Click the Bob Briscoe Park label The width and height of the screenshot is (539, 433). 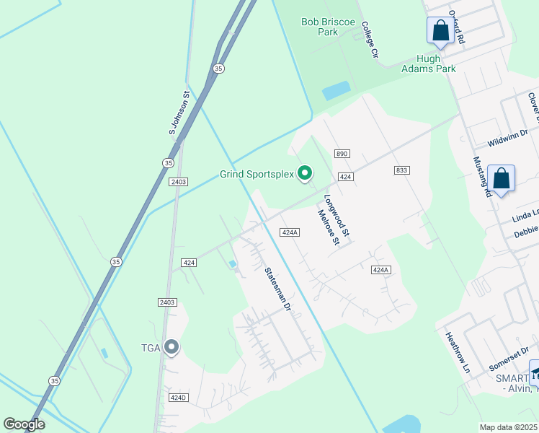(x=329, y=27)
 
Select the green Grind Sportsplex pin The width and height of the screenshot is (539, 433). (x=305, y=172)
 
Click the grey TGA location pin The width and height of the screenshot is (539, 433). (x=171, y=348)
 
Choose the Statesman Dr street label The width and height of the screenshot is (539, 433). (x=276, y=289)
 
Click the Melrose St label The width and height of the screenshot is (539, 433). (x=328, y=227)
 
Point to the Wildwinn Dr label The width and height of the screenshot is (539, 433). (x=507, y=133)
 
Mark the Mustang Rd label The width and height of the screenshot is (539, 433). (x=481, y=177)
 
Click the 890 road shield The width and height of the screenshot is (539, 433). (x=342, y=154)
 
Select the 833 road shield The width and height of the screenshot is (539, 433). (x=401, y=170)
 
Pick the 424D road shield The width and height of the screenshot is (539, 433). (x=177, y=397)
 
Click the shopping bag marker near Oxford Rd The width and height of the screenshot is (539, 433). (x=440, y=30)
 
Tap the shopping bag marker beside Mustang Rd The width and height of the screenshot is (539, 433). (x=500, y=179)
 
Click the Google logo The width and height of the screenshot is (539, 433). (x=24, y=424)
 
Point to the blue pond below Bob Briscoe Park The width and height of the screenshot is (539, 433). (x=336, y=90)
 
